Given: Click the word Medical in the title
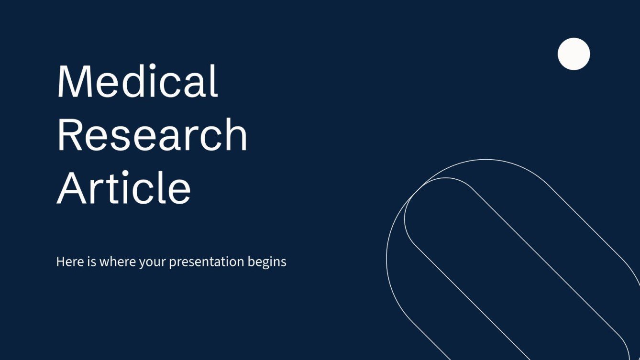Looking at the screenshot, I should click(x=137, y=81).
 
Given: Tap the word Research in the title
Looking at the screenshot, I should click(x=152, y=135).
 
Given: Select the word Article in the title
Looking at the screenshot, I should click(x=124, y=188).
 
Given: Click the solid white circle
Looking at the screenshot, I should click(x=574, y=54).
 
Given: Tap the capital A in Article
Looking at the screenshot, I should click(x=72, y=188).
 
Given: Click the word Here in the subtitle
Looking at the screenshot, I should click(x=67, y=262).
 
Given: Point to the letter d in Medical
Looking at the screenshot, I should click(x=140, y=81).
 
